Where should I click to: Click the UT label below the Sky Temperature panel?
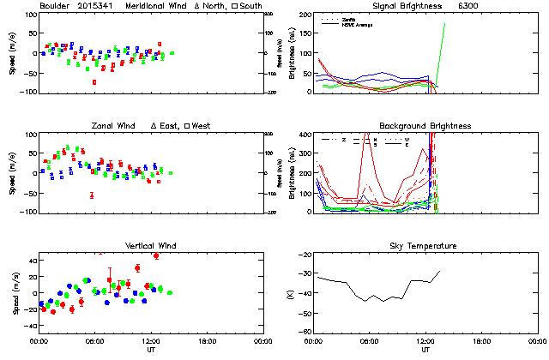425,350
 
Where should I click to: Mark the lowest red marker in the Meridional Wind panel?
94,82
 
